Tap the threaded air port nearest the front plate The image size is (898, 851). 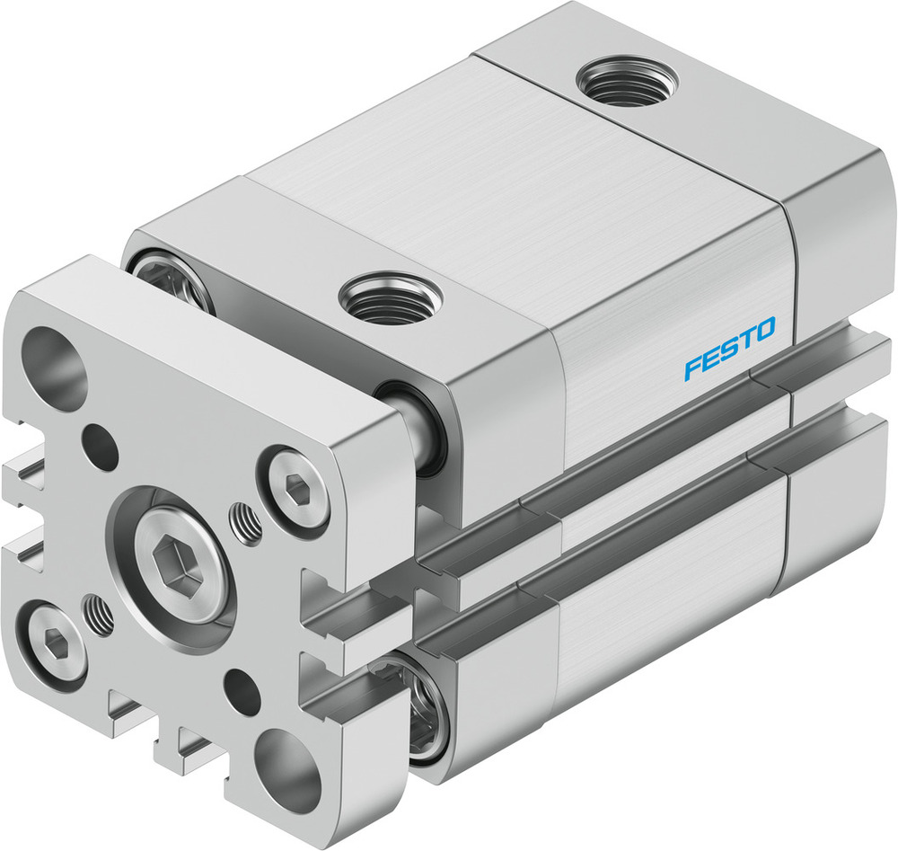pos(390,296)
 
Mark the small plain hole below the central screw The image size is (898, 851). pos(242,691)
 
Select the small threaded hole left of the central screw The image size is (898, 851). pos(99,614)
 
